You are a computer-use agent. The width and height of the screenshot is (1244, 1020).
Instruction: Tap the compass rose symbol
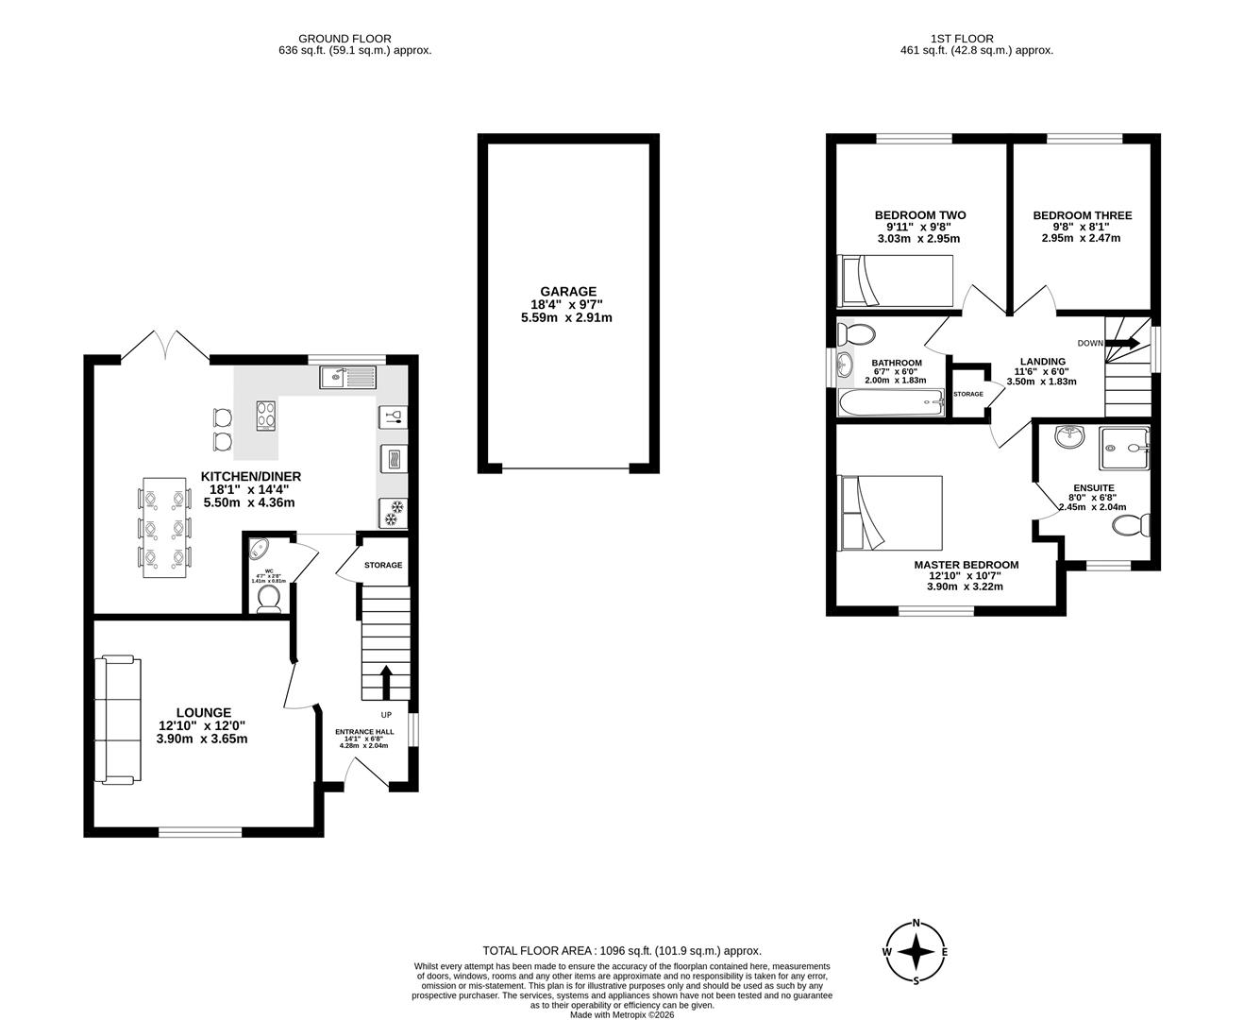[915, 952]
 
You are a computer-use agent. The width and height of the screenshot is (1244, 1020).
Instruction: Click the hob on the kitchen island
[266, 415]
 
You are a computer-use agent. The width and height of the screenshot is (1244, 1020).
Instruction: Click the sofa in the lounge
[118, 720]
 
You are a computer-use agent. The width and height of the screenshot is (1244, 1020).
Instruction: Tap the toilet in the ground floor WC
[269, 599]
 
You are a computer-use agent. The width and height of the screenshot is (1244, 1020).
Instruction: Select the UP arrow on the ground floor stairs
[386, 681]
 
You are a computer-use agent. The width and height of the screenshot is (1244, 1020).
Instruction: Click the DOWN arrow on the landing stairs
[1130, 343]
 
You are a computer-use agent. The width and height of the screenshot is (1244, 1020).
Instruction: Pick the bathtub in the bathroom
[890, 403]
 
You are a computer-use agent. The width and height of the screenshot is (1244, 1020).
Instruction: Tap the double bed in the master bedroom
[891, 513]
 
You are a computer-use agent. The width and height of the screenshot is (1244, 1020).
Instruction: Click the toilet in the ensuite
[1142, 523]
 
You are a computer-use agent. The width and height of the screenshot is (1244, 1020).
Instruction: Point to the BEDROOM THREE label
[1082, 215]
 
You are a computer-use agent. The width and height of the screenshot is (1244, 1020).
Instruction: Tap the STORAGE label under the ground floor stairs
[383, 565]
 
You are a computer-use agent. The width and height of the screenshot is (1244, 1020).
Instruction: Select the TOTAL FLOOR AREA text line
[621, 951]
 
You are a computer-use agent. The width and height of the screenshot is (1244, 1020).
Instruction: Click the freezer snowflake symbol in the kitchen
[392, 513]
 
